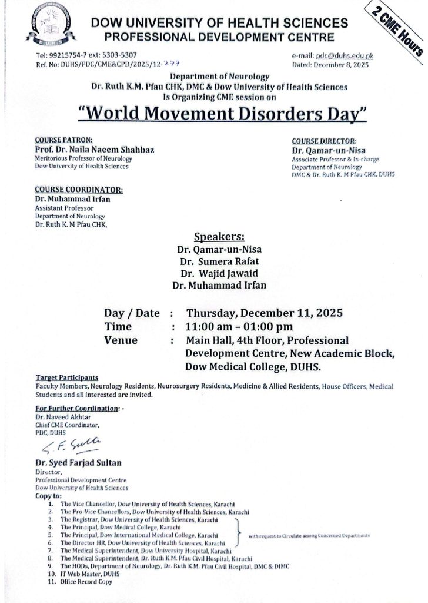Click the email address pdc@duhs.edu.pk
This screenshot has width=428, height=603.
(344, 55)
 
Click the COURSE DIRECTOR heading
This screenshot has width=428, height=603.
(324, 141)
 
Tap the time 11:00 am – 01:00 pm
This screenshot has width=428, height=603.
(239, 327)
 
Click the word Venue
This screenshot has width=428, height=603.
(121, 340)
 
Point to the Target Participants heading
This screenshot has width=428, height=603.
(67, 376)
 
